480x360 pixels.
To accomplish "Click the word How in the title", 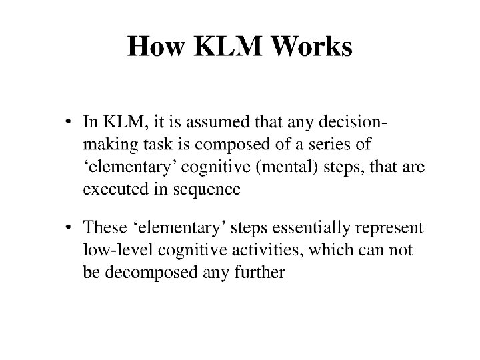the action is [x=156, y=46].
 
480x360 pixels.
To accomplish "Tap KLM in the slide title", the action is [x=228, y=46].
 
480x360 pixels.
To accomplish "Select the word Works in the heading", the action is [x=311, y=46].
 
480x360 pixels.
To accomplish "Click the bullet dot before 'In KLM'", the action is [x=68, y=121].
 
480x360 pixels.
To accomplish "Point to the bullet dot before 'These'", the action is [x=68, y=227].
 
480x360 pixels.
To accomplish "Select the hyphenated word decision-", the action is [x=353, y=121].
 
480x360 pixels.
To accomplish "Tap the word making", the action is [x=111, y=145].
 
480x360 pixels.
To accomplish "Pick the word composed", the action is [x=233, y=145].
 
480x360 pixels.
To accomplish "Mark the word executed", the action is [x=116, y=189].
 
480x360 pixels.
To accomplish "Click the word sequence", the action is [x=207, y=190].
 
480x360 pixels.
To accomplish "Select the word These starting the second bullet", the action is [x=105, y=227].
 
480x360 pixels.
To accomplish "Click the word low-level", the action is [x=118, y=249].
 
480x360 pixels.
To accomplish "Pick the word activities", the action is [x=267, y=250].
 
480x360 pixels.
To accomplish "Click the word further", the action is [x=260, y=272].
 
